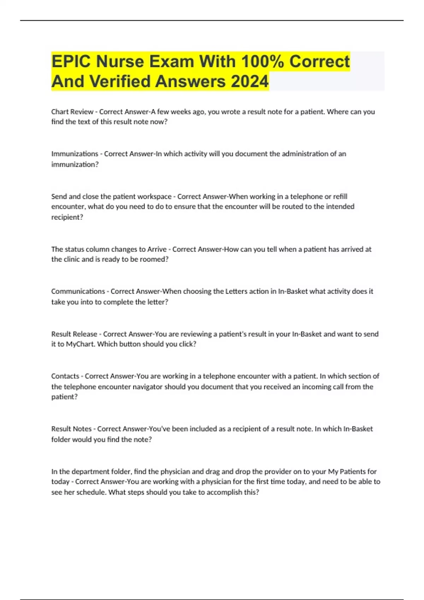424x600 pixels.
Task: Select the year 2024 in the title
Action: click(249, 81)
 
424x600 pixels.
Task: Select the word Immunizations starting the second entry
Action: click(75, 154)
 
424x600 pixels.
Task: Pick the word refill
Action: click(341, 197)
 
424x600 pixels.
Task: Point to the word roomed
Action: click(152, 259)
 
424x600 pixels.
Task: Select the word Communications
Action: click(78, 292)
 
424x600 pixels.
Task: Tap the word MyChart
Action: click(79, 344)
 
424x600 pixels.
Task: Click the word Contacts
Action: click(65, 376)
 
